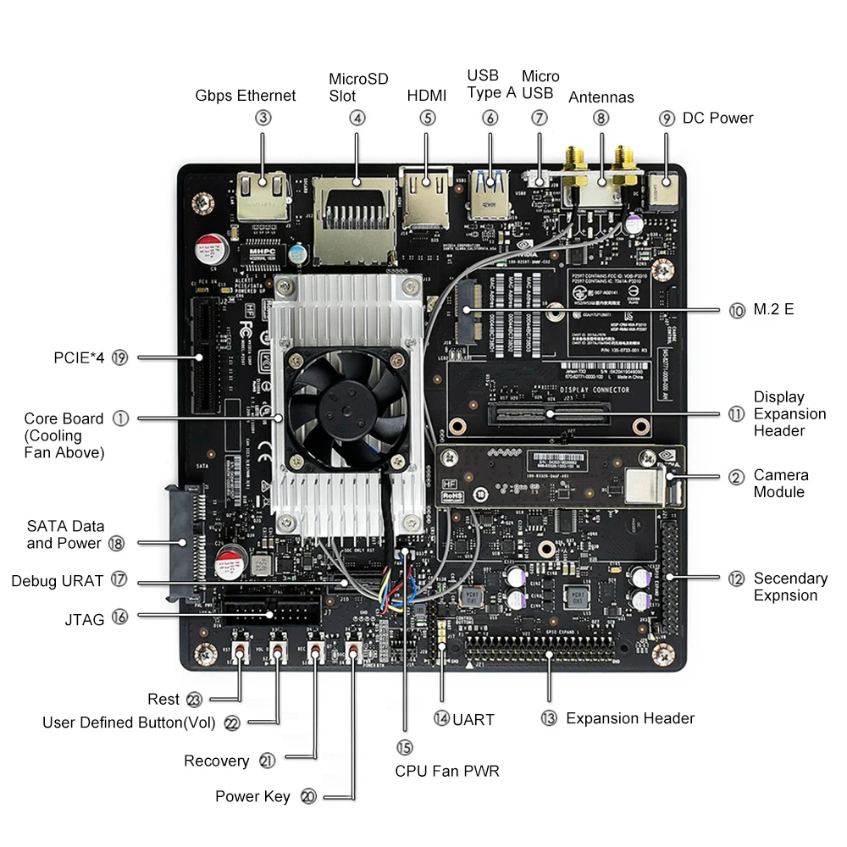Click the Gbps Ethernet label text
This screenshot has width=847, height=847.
(x=246, y=96)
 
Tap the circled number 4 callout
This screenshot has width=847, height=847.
(x=357, y=118)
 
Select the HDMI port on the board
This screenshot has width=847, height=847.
(x=426, y=197)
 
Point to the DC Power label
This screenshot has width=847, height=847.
(x=717, y=118)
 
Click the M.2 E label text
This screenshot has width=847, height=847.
(x=773, y=310)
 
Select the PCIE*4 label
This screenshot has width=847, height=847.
(x=78, y=358)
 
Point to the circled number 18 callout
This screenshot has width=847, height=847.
(x=117, y=543)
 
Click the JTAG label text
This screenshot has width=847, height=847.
(x=84, y=620)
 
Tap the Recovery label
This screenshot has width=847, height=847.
(x=217, y=761)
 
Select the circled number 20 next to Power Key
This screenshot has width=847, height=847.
(x=308, y=796)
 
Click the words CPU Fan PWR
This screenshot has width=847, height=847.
(x=447, y=772)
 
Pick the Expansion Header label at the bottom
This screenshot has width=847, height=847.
(x=630, y=718)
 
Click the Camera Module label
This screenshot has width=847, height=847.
(x=781, y=484)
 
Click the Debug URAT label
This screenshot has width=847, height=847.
(x=57, y=581)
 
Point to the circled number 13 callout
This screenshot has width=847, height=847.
(x=549, y=718)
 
